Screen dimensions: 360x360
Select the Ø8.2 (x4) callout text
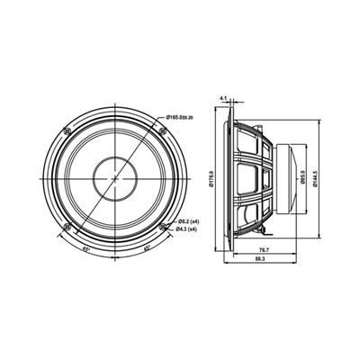pos(189,220)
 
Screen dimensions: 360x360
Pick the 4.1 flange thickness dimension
pos(222,89)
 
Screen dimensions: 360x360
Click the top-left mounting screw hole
pos(68,132)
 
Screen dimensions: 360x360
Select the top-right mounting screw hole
pos(162,132)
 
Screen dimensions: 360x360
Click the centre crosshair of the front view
pos(115,178)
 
